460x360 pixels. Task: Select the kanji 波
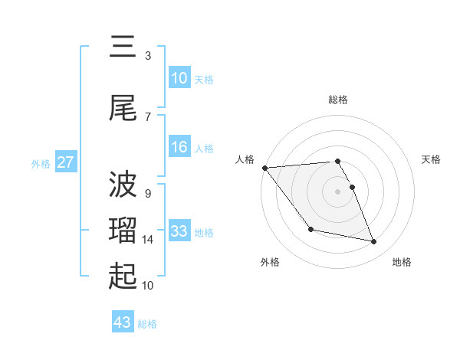coord(123,184)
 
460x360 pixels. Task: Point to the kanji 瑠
coord(123,231)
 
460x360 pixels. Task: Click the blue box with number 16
coord(179,147)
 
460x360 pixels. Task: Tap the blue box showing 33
coord(179,231)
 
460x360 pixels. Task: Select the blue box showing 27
coord(66,163)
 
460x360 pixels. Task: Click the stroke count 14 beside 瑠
coord(149,240)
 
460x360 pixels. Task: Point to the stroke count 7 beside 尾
coord(148,116)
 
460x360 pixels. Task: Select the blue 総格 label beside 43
coord(148,323)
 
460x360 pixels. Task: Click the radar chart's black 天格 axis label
coord(432,159)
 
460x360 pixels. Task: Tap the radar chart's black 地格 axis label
coord(402,262)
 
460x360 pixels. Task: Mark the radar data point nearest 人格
coord(264,168)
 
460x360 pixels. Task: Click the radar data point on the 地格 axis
coord(374,242)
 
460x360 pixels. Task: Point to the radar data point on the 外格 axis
coord(310,229)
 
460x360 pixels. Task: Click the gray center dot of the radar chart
coord(338,191)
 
